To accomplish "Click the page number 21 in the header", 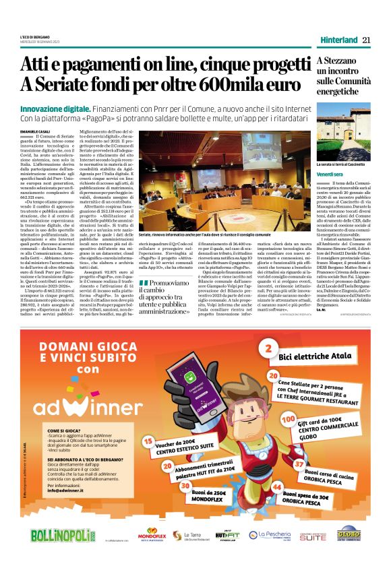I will coord(367,40).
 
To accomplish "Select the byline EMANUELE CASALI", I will coord(36,129).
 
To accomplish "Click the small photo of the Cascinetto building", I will coord(344,139).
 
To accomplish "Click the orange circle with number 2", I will coord(268,348).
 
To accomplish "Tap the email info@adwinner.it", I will coord(66,490).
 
